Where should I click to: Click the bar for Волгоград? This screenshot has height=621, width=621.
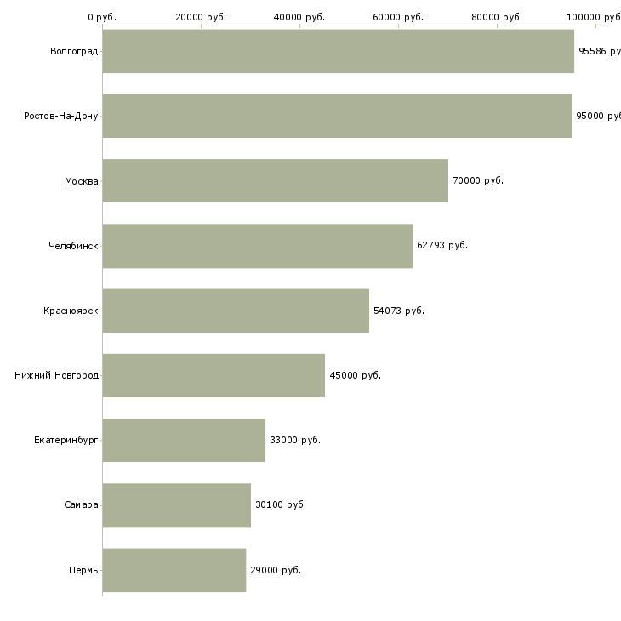tap(338, 51)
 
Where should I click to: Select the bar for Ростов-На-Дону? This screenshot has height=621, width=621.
tap(337, 116)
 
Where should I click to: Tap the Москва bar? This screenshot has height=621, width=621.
tap(275, 180)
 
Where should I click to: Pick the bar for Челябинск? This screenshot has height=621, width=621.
tap(257, 246)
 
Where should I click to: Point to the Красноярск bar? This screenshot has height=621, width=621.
tap(236, 310)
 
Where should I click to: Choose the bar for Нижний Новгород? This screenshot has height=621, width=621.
tap(214, 375)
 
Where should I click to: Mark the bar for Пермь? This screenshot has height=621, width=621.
tap(174, 570)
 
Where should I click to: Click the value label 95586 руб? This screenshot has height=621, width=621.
tap(599, 51)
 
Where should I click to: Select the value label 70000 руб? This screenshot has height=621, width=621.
tap(478, 180)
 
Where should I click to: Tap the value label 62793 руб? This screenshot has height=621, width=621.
tap(442, 246)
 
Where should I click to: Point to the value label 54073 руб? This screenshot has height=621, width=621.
tap(399, 310)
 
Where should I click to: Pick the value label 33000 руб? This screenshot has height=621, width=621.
tap(295, 440)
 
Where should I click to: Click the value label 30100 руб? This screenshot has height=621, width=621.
tap(281, 504)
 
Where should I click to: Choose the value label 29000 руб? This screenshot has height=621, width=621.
tap(276, 570)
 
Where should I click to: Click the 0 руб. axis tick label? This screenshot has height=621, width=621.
tap(102, 17)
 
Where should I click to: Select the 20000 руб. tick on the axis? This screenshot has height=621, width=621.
tap(201, 17)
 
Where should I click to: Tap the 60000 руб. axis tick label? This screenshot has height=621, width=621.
tap(398, 17)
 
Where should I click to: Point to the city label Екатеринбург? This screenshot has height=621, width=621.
tap(66, 440)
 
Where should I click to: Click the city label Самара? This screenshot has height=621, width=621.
tap(81, 504)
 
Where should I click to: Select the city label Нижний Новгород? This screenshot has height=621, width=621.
tap(57, 375)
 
